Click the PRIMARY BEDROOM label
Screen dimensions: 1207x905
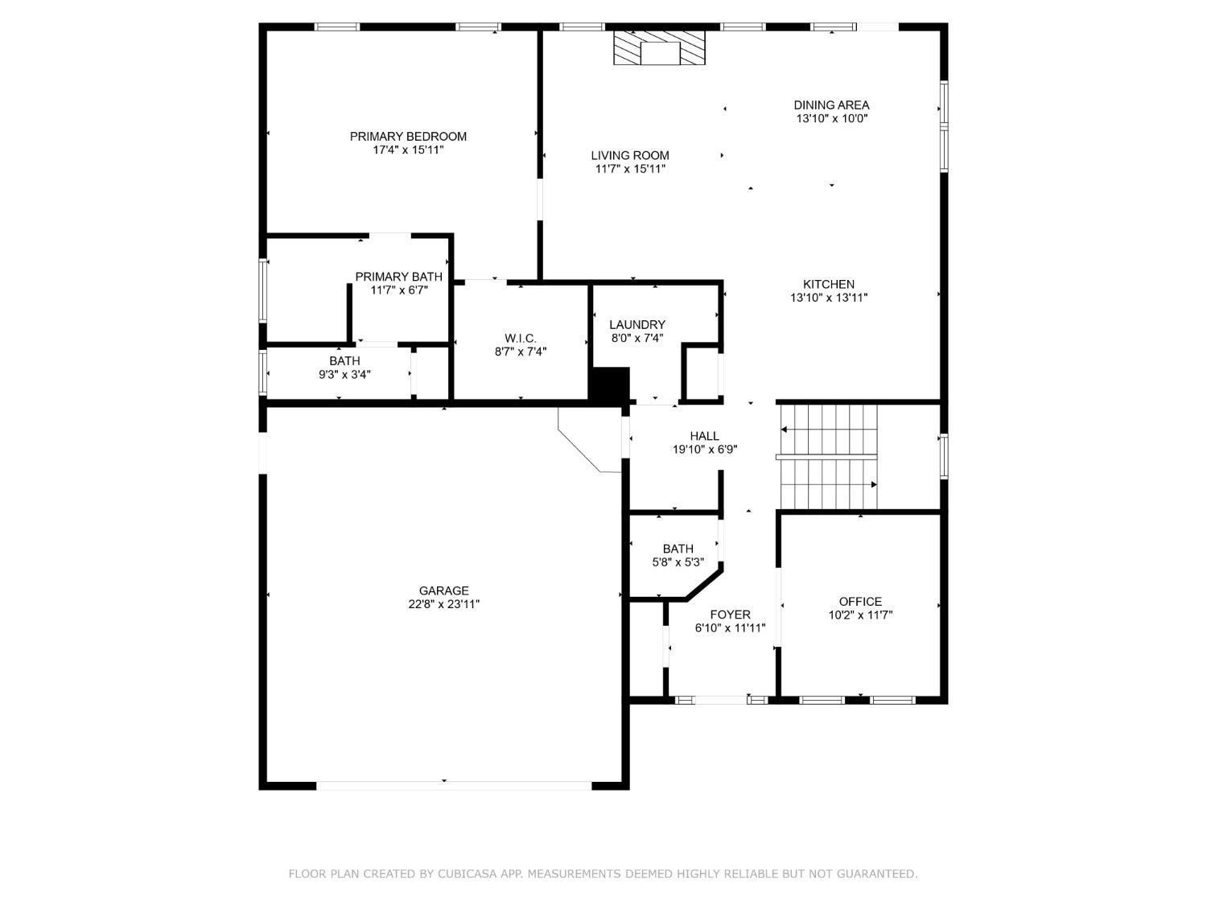click(408, 136)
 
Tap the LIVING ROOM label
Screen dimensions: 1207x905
click(630, 155)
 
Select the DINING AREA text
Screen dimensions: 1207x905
click(831, 105)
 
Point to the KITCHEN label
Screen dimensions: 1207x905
click(829, 284)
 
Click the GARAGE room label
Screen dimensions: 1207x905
click(443, 590)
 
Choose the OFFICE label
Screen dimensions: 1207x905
click(860, 602)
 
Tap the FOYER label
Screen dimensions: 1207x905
click(731, 615)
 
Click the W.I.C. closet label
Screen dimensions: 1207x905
click(520, 338)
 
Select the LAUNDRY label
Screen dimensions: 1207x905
click(637, 325)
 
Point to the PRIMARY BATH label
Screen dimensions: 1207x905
click(398, 277)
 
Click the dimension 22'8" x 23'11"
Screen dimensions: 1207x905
click(443, 604)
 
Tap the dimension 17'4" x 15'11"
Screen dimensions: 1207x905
click(408, 150)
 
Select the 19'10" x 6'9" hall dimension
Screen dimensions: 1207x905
click(705, 450)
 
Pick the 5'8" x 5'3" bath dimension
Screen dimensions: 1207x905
click(678, 562)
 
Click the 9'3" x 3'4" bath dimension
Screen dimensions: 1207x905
click(344, 375)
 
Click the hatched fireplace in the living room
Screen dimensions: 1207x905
click(659, 47)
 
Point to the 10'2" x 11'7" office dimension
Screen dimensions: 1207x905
click(860, 615)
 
